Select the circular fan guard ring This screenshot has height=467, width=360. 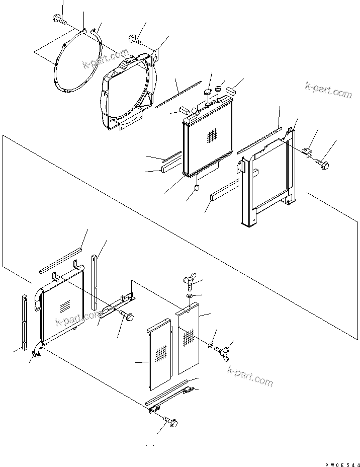(75, 65)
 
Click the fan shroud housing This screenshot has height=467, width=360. (128, 96)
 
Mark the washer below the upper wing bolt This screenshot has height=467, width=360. (189, 297)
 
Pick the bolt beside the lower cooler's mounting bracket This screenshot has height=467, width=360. (127, 317)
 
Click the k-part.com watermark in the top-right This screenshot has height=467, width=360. (328, 91)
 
